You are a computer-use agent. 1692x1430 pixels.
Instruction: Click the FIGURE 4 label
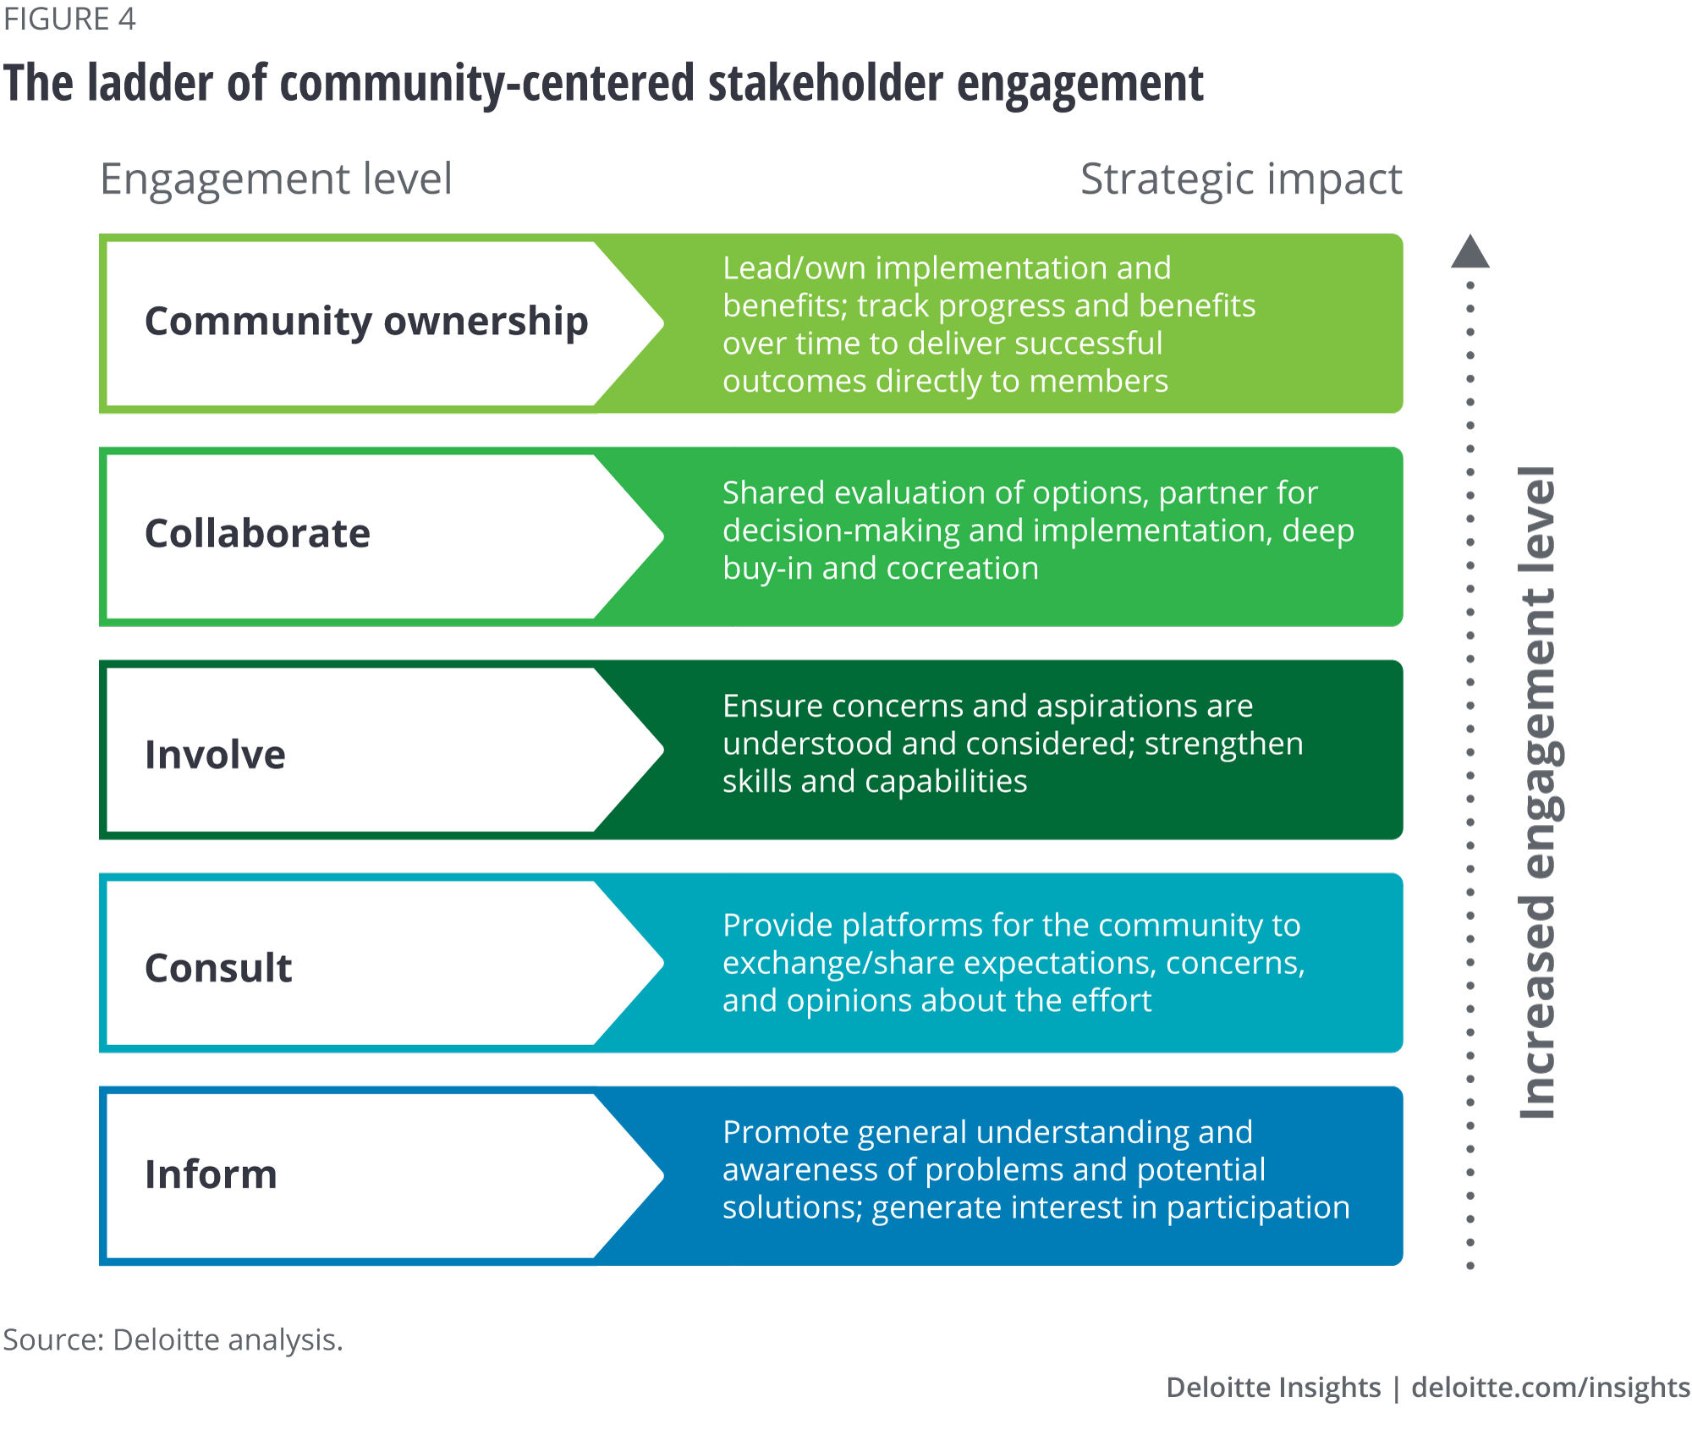pos(69,19)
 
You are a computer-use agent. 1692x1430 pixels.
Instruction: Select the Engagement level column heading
pos(276,179)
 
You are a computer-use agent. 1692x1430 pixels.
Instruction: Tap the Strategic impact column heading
pos(1240,179)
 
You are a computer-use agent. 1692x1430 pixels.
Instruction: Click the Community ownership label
pos(365,322)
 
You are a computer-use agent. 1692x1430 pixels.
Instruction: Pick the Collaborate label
pos(257,534)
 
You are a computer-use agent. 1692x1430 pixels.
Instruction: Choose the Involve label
pos(215,754)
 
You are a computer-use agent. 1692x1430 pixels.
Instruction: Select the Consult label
pos(218,967)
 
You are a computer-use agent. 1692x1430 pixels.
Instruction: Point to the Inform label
pos(211,1174)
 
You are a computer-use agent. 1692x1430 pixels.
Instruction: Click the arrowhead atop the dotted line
pos(1470,252)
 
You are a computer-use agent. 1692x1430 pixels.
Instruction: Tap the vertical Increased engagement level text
pos(1538,793)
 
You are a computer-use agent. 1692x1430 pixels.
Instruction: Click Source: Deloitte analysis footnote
pos(173,1339)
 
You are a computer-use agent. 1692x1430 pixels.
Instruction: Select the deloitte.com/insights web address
pos(1550,1387)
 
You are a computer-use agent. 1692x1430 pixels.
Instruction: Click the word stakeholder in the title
pos(825,84)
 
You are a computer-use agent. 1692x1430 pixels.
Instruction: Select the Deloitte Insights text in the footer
pos(1272,1387)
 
